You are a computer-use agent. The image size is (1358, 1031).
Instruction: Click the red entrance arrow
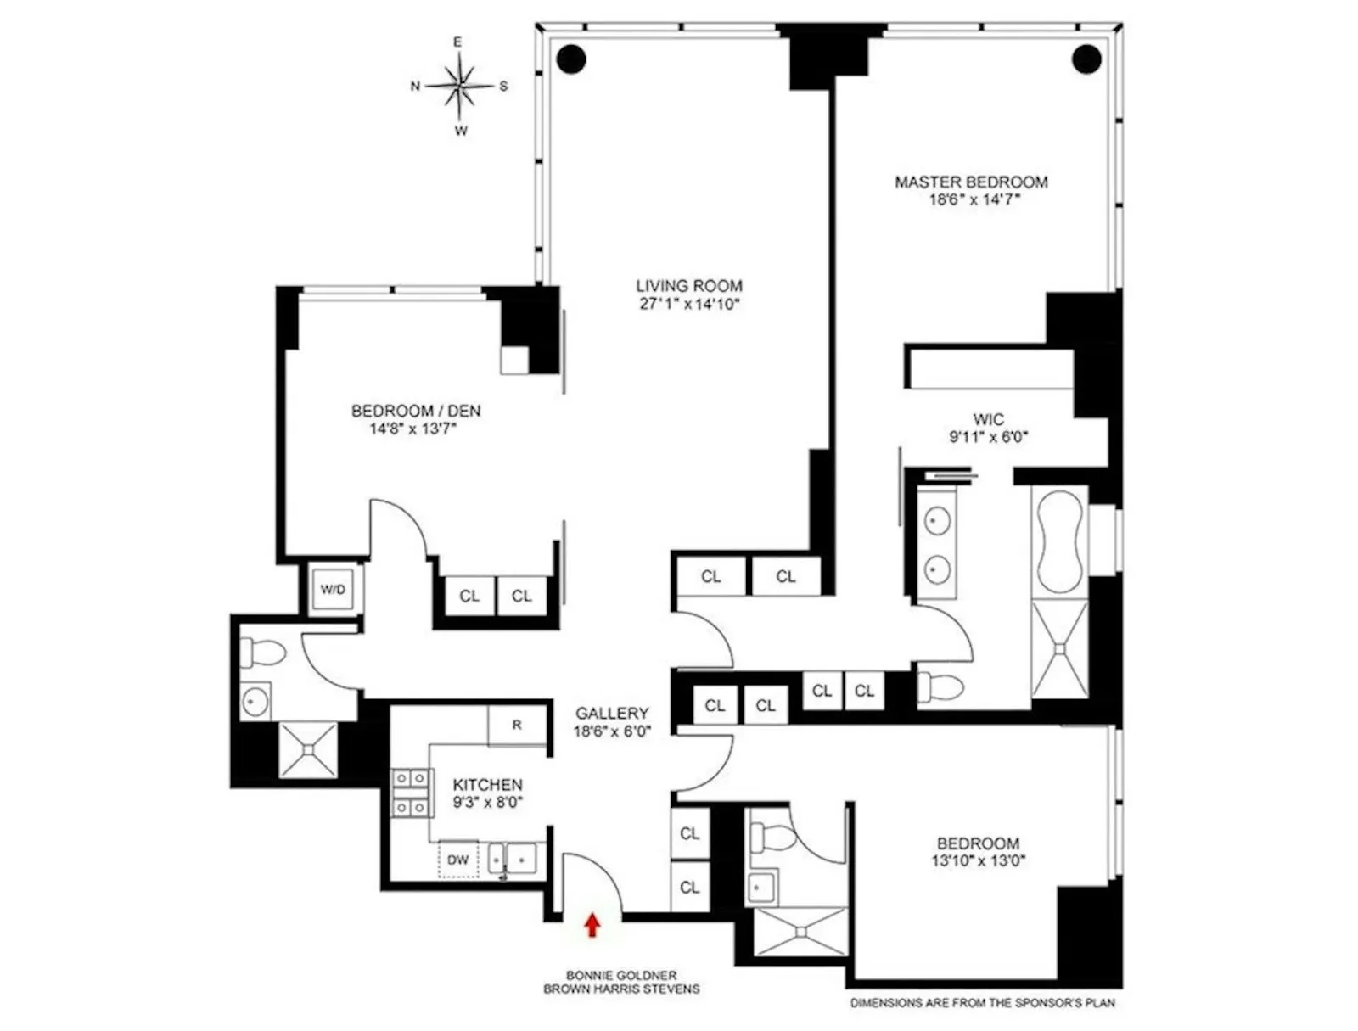[x=592, y=924]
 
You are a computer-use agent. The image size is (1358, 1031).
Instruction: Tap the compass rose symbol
[x=459, y=86]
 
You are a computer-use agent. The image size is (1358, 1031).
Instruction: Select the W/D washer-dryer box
[x=334, y=589]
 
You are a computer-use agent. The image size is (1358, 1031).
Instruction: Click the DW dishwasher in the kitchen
[x=458, y=860]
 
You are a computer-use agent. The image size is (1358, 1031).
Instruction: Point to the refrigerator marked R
[x=517, y=726]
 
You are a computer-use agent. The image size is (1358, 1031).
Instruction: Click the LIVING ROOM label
[x=689, y=286]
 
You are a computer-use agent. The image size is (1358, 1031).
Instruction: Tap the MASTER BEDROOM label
[x=971, y=182]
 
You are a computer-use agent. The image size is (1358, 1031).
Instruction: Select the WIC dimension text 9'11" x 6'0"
[x=988, y=438]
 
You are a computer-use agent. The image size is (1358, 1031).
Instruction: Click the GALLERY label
[x=612, y=714]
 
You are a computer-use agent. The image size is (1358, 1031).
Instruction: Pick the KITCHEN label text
[x=487, y=785]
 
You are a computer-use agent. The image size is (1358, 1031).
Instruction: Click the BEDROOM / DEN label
[x=416, y=411]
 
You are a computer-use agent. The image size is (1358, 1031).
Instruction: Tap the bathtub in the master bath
[x=1059, y=541]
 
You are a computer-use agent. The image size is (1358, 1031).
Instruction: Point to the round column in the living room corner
[x=571, y=59]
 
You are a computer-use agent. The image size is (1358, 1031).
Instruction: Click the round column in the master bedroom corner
[x=1086, y=59]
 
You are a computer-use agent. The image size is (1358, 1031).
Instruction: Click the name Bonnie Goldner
[x=621, y=976]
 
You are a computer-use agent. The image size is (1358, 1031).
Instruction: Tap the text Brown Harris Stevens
[x=621, y=989]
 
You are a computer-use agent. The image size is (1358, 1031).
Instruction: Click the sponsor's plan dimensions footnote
[x=983, y=1003]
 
